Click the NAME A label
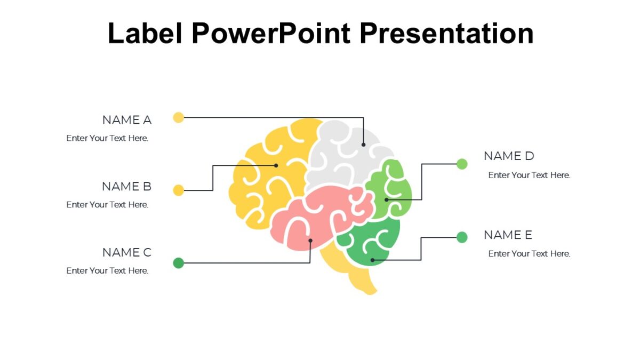click(127, 120)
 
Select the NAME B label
click(127, 187)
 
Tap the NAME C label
click(127, 252)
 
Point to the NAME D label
click(509, 156)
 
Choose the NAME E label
click(508, 235)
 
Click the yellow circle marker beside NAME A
click(179, 117)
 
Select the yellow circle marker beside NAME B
click(179, 190)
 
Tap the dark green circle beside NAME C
click(179, 262)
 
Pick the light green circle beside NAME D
click(462, 164)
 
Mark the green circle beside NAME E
click(462, 237)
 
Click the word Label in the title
click(146, 33)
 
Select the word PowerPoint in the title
click(271, 33)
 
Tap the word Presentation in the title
click(446, 33)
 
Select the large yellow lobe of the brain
click(267, 176)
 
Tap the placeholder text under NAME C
click(107, 271)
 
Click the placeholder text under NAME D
click(529, 175)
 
